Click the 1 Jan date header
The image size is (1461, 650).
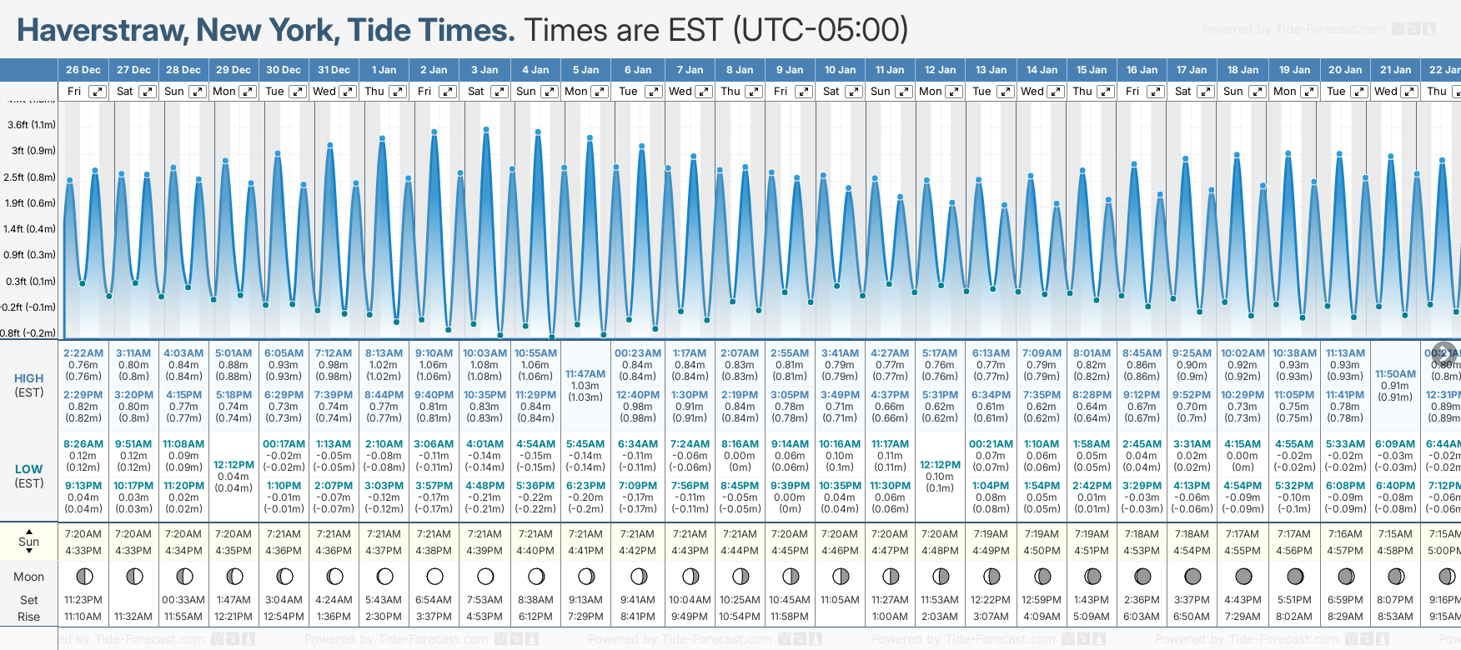tap(384, 70)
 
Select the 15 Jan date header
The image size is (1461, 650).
tap(1092, 70)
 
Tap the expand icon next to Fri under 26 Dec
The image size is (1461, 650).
tap(98, 92)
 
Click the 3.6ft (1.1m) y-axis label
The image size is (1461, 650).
tap(32, 125)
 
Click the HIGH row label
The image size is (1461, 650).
tap(29, 378)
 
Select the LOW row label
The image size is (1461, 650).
tap(29, 469)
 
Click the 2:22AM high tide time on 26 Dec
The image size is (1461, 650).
tap(83, 353)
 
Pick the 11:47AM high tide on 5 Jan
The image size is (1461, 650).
tap(585, 374)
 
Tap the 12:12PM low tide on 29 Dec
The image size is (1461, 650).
tap(233, 465)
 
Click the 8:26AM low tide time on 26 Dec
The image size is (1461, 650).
tap(83, 444)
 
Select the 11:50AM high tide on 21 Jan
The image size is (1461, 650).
tap(1395, 374)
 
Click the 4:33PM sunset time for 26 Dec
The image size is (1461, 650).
tap(83, 551)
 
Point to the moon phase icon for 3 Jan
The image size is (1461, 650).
tap(485, 576)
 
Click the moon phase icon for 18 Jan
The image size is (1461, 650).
tap(1243, 576)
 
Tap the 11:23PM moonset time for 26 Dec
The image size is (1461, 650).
tap(83, 600)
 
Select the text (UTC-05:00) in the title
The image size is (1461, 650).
tap(821, 31)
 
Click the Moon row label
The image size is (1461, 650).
tap(29, 577)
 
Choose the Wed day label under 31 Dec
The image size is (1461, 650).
tap(324, 92)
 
